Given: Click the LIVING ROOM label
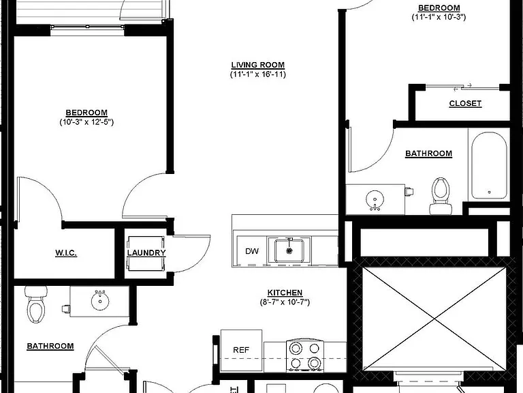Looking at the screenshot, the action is pos(258,65).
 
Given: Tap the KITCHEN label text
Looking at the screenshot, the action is pos(285,293).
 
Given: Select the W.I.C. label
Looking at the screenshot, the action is pos(66,253).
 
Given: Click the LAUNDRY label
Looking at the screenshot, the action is pos(146,253).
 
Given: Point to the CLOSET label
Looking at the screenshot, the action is pos(465,104).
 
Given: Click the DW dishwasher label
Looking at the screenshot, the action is pos(252,251).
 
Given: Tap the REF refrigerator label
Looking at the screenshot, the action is pos(241,350).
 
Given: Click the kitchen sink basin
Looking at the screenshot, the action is pos(289,250).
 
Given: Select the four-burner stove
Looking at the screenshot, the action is pos(305,355).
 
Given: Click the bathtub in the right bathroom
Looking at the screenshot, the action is pos(489,165).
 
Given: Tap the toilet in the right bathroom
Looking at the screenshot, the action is pos(441,196).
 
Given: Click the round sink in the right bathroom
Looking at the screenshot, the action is pos(375,200).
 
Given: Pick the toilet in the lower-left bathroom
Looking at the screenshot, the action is pos(36,304).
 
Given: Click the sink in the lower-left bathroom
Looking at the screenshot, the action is pos(100,301).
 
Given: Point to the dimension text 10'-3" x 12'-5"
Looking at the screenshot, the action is pos(86,122).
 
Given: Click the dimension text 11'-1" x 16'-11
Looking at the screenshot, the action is pos(258,74).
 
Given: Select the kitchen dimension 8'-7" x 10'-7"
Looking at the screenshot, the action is pos(285,302).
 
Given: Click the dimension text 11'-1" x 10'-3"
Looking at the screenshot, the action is pos(439,17).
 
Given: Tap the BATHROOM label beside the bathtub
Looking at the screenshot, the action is pos(428,154).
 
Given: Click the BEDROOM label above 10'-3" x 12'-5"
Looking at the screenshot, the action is pos(86,113).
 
